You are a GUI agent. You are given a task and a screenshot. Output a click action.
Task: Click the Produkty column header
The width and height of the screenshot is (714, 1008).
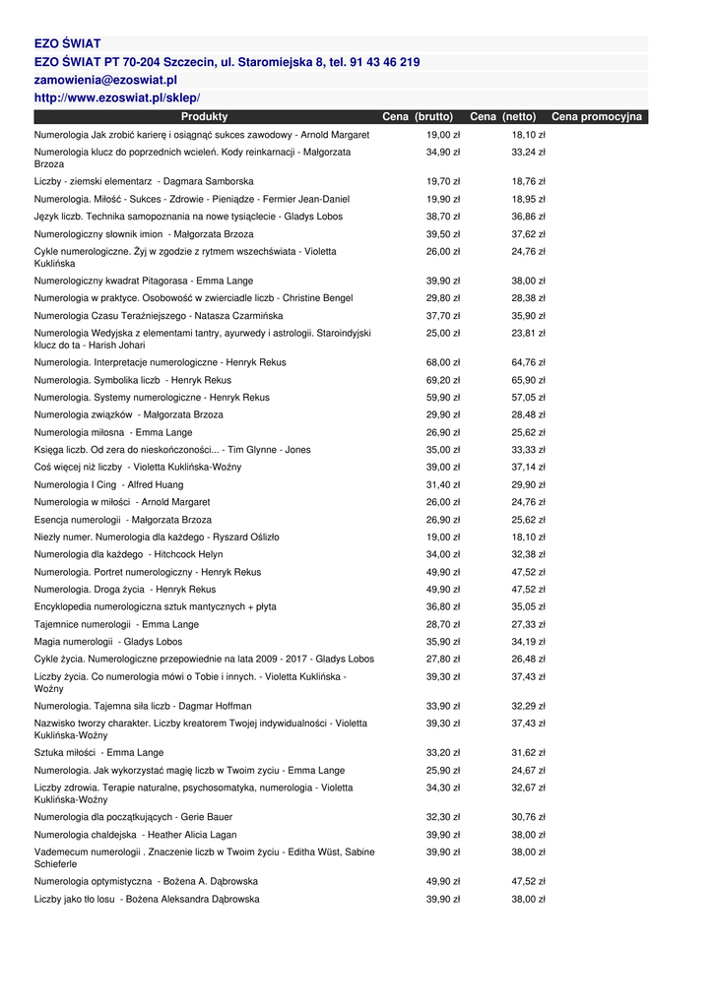click(204, 117)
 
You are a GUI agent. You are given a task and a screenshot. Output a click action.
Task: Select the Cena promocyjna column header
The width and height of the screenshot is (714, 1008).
click(596, 117)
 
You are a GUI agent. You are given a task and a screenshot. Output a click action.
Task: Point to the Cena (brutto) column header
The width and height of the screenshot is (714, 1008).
click(418, 117)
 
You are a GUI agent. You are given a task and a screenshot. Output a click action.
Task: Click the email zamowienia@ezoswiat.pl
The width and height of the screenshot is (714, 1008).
click(105, 80)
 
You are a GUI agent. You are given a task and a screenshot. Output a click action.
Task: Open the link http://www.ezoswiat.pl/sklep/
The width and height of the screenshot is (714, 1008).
click(117, 97)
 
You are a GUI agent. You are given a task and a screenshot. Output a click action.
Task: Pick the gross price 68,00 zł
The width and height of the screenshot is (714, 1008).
click(443, 362)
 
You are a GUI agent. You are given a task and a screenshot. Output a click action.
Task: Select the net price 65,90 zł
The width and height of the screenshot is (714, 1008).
click(528, 380)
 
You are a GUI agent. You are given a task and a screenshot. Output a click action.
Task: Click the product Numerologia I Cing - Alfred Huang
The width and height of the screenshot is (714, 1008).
click(108, 484)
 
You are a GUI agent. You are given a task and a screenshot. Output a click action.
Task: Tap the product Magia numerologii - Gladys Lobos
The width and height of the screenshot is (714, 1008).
click(108, 642)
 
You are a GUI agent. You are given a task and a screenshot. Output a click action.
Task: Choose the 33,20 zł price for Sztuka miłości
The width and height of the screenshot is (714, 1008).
click(443, 753)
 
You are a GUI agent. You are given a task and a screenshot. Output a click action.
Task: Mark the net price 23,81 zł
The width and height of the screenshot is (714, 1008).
click(528, 334)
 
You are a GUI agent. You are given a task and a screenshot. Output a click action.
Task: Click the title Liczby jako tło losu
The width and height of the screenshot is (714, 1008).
click(147, 899)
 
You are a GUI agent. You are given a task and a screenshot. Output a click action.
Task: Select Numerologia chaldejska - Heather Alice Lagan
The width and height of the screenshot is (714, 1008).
click(135, 835)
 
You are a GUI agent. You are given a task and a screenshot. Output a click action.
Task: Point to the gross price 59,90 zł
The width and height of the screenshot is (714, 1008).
click(443, 398)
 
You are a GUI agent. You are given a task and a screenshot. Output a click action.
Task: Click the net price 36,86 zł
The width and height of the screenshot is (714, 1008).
click(528, 217)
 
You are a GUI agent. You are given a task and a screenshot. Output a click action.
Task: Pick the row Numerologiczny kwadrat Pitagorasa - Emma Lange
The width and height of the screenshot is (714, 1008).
click(143, 281)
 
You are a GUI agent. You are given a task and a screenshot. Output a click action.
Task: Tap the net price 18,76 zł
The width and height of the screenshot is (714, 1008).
click(528, 182)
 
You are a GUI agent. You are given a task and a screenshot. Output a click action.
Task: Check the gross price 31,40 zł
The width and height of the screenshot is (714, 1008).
click(443, 484)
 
